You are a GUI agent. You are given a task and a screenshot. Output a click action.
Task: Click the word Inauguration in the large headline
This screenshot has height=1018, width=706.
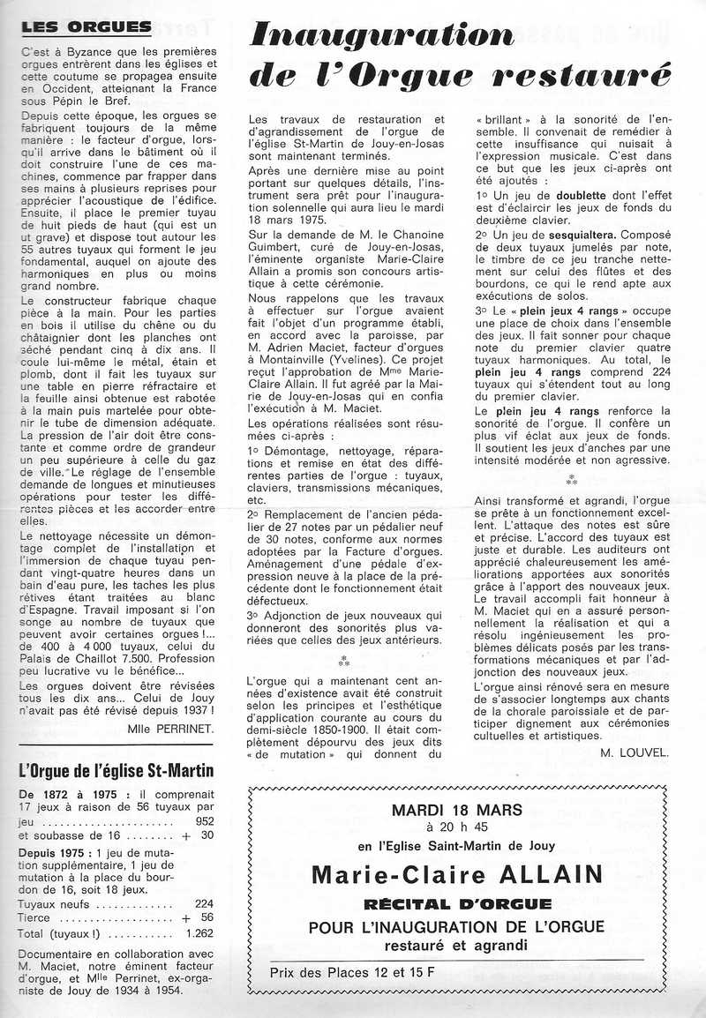(381, 34)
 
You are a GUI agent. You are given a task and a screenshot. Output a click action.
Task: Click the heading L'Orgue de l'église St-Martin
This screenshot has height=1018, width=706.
(116, 771)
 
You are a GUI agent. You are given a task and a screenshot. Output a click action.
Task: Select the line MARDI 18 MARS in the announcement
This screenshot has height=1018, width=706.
(456, 810)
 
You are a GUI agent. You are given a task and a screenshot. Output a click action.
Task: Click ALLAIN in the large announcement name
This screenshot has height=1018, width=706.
(543, 875)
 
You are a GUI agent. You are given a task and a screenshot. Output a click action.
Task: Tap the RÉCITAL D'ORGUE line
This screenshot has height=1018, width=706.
(456, 904)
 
